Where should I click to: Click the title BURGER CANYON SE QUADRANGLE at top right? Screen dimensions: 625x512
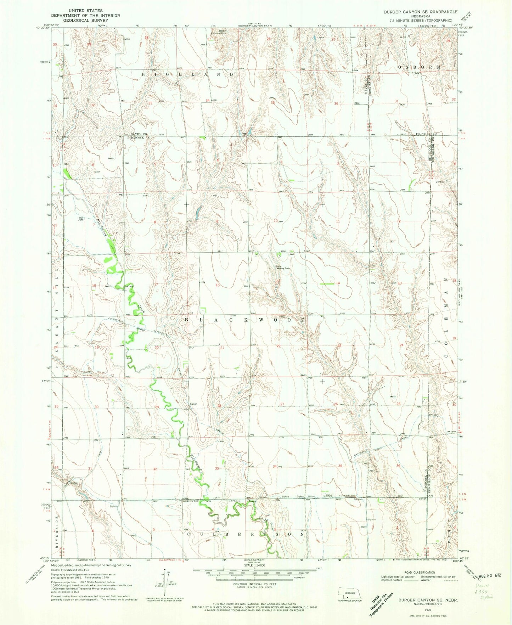(x=421, y=12)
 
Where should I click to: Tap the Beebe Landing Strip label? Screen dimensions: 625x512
(x=223, y=32)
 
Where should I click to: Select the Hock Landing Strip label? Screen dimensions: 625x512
(x=283, y=268)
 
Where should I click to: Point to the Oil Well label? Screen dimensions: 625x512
(x=440, y=182)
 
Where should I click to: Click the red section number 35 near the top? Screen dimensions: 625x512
(x=272, y=103)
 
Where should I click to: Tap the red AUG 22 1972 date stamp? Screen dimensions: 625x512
(x=489, y=575)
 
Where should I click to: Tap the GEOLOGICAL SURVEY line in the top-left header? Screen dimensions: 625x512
(x=85, y=21)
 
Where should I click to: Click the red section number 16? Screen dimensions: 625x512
(x=218, y=285)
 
